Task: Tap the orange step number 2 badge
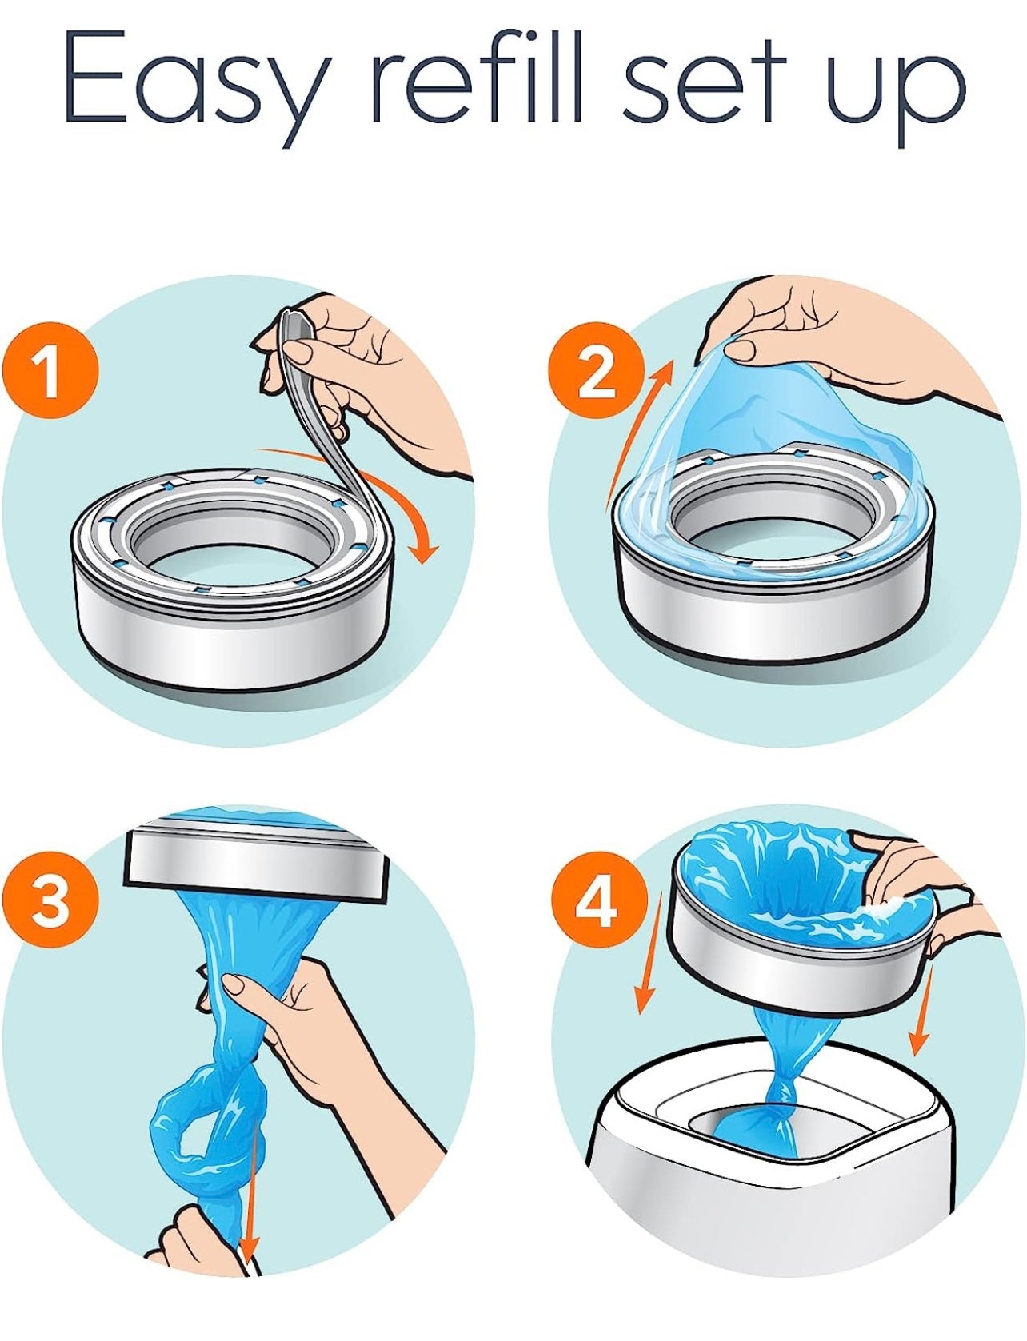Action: click(597, 371)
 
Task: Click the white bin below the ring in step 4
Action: click(792, 1183)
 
